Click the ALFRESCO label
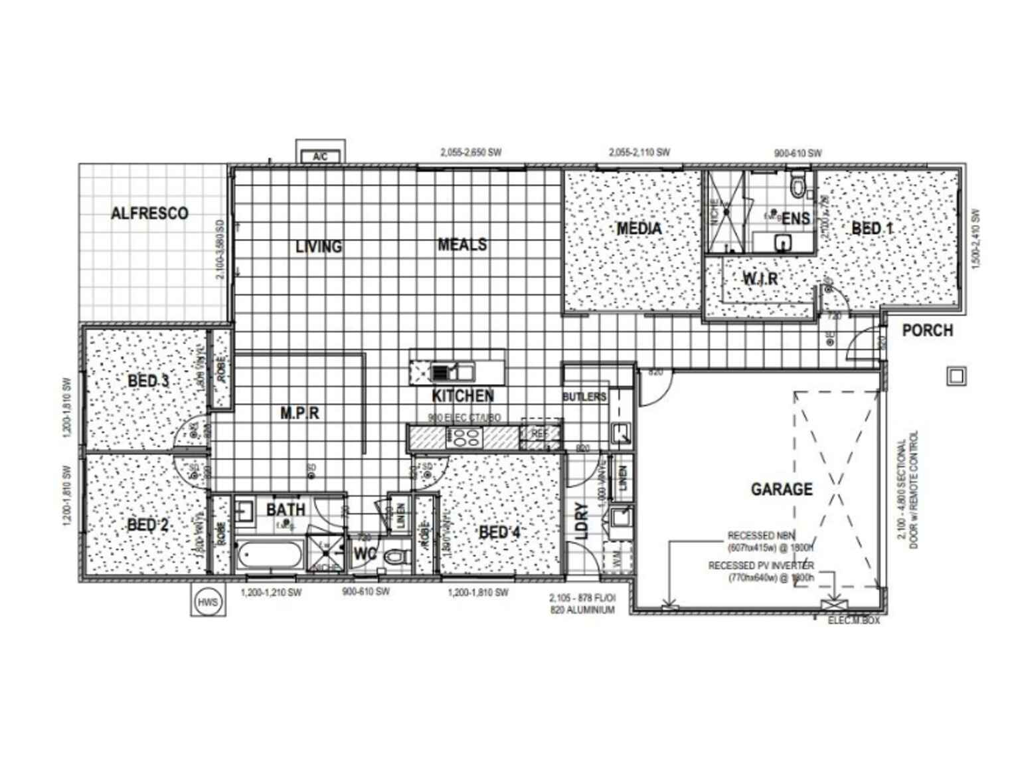coord(149,213)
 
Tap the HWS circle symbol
coord(207,601)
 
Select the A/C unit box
coord(320,157)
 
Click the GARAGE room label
coord(782,490)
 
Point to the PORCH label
coord(927,330)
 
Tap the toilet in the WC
coord(396,554)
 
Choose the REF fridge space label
coord(539,433)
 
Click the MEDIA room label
coord(639,229)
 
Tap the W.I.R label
coord(760,279)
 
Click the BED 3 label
coord(148,381)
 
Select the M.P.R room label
coord(299,413)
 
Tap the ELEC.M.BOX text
coord(854,621)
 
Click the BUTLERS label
coord(584,397)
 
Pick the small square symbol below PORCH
coord(956,376)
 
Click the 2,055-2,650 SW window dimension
coord(471,152)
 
